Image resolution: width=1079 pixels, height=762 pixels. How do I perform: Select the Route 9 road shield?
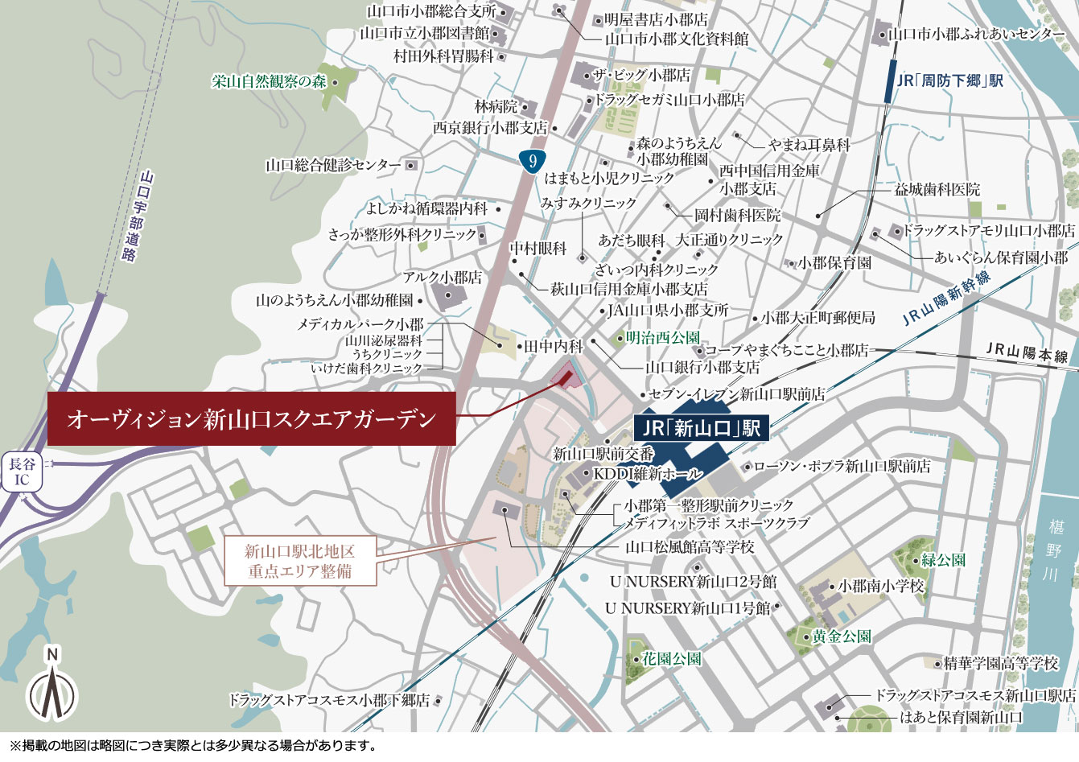click(532, 161)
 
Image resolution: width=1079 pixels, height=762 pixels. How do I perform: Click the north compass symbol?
click(52, 690)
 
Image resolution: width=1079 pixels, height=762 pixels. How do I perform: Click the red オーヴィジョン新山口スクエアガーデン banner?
click(252, 419)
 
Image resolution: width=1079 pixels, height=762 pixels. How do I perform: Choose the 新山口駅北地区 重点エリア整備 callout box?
click(299, 562)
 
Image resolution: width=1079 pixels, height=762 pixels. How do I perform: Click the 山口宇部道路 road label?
click(138, 215)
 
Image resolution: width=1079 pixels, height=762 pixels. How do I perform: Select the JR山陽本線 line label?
click(1027, 352)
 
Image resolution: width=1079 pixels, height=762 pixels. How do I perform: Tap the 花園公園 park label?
click(671, 658)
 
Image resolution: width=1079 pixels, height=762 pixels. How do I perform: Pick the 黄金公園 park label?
click(841, 636)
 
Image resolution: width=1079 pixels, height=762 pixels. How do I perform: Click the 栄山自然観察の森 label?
click(270, 81)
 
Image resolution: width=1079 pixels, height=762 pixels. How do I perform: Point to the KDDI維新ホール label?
click(648, 474)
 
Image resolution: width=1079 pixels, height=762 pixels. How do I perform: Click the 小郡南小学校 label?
click(881, 586)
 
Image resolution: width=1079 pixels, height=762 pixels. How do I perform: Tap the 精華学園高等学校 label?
click(1001, 663)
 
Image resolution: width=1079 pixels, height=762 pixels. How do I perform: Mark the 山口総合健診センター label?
click(333, 165)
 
